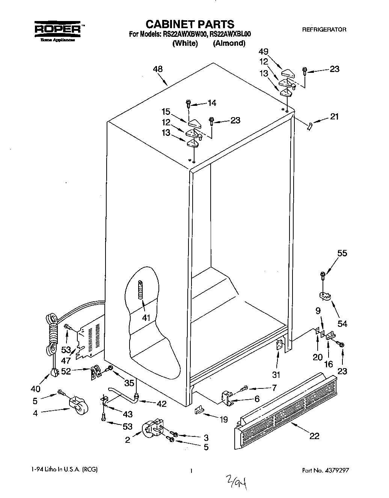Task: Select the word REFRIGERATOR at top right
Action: point(324,29)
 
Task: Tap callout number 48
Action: point(158,69)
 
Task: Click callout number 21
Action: point(334,117)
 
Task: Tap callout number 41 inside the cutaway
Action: point(146,318)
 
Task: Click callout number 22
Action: point(314,436)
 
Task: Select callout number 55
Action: point(342,253)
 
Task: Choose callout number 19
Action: point(223,420)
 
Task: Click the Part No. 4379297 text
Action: point(328,470)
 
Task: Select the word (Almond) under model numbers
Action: point(229,43)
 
